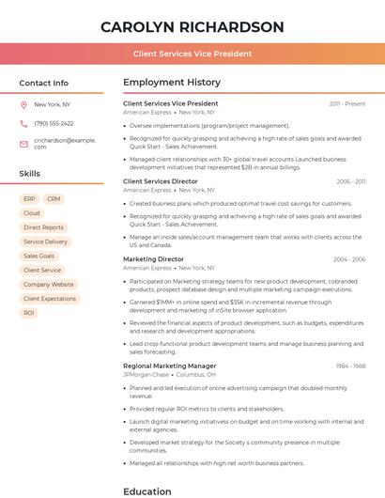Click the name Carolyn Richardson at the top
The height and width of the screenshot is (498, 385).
(192, 26)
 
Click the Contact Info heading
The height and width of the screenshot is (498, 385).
(44, 83)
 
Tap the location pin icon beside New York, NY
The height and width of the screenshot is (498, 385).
(23, 105)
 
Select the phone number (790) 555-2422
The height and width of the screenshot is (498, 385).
(54, 123)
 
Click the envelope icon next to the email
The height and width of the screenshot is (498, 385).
(23, 143)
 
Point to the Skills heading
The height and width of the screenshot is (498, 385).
(30, 174)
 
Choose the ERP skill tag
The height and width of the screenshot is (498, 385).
(29, 199)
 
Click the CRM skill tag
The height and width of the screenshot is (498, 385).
(54, 199)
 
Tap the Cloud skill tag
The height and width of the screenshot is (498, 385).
(32, 213)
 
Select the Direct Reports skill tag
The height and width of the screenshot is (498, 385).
(43, 227)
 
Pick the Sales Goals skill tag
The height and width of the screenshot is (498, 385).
(39, 256)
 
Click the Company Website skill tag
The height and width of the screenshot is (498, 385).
(49, 284)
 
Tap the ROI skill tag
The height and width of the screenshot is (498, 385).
(29, 312)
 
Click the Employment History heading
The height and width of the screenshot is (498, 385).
(172, 83)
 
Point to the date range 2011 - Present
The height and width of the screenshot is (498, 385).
(347, 103)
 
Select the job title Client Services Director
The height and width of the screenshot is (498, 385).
(161, 181)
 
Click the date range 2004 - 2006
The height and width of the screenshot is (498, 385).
(349, 258)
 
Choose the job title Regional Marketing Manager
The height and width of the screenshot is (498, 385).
(170, 366)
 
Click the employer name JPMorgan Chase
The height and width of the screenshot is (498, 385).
(146, 375)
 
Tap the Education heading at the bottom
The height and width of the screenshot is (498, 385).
(147, 490)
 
